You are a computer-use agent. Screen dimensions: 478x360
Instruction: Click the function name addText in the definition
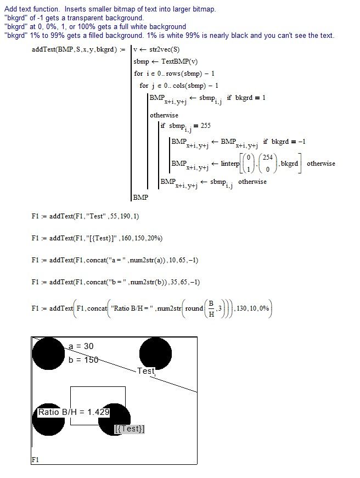click(x=44, y=50)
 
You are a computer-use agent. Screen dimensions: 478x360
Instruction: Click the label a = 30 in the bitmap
click(x=81, y=346)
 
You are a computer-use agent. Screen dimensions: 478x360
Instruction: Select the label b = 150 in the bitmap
click(x=83, y=360)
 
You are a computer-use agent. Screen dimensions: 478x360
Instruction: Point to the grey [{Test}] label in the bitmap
click(x=130, y=429)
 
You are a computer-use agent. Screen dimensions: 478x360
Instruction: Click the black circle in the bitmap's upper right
click(x=155, y=353)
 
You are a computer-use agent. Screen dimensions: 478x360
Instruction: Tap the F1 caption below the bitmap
click(x=35, y=459)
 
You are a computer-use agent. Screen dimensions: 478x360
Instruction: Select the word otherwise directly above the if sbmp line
click(x=164, y=115)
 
